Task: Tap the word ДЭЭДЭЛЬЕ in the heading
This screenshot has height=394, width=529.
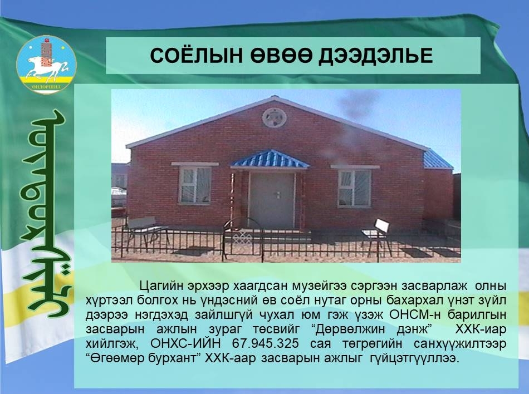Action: (376, 56)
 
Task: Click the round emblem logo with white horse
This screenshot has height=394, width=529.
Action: (47, 65)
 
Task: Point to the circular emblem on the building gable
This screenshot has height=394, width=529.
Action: (275, 117)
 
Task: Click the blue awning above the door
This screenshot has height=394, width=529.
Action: (270, 159)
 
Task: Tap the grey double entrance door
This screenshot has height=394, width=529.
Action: (272, 200)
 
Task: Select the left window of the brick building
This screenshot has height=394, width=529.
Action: (195, 185)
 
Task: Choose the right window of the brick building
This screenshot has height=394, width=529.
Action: (354, 188)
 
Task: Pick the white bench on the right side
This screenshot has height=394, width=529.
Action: (376, 235)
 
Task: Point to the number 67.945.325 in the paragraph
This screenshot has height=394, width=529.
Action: (266, 343)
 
